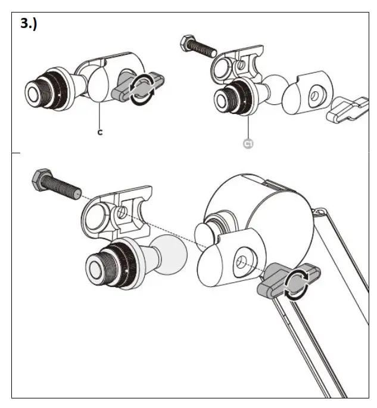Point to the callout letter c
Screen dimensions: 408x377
(x=100, y=132)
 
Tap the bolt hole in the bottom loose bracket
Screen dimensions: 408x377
(x=121, y=212)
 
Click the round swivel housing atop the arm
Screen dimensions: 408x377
(x=256, y=203)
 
